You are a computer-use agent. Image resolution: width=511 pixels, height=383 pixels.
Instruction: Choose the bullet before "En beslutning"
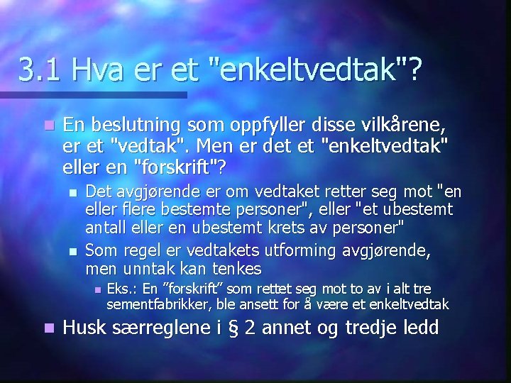pyautogui.click(x=48, y=126)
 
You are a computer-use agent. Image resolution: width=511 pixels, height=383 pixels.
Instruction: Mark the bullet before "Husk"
pyautogui.click(x=48, y=329)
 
